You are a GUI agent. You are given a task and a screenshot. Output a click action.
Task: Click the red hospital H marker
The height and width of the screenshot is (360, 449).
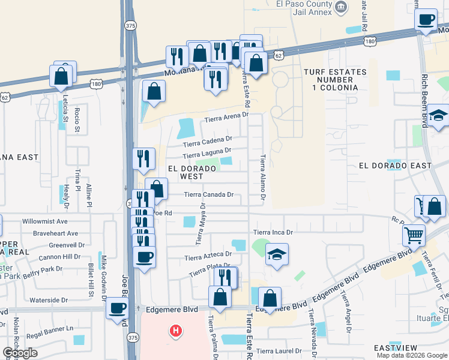(x=175, y=331)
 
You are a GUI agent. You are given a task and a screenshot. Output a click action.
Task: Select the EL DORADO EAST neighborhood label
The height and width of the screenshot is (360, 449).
(x=394, y=166)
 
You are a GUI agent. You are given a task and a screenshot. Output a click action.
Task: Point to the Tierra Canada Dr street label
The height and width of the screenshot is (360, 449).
(x=208, y=194)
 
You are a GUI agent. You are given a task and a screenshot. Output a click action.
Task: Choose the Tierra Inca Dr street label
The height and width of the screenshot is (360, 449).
(x=273, y=232)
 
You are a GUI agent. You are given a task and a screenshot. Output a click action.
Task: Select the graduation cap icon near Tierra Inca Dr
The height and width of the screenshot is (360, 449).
(x=277, y=254)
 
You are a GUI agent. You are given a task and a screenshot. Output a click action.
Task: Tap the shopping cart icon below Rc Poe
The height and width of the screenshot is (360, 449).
(x=414, y=236)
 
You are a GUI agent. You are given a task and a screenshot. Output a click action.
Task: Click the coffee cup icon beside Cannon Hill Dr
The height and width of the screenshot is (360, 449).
(x=144, y=258)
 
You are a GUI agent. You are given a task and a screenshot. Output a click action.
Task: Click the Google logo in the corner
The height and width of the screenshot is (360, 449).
(x=20, y=353)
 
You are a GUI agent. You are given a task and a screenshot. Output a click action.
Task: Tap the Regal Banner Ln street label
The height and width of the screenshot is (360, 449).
(x=53, y=328)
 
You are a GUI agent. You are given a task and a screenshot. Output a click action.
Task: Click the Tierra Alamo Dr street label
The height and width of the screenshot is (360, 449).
(x=263, y=177)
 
